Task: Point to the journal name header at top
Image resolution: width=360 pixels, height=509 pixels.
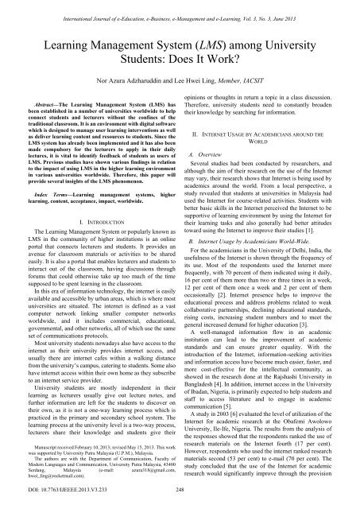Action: click(x=180, y=6)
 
